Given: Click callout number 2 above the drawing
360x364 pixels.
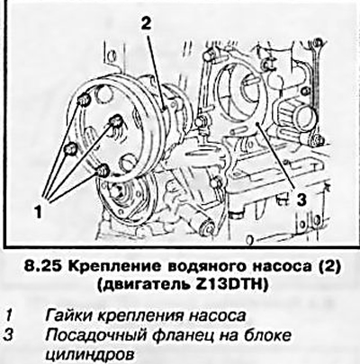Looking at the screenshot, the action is pyautogui.click(x=146, y=23).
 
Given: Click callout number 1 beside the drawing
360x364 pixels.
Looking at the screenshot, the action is pyautogui.click(x=37, y=212).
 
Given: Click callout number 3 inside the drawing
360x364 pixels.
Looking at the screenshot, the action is pyautogui.click(x=301, y=200).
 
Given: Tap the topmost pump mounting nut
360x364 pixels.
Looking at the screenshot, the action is pyautogui.click(x=84, y=100).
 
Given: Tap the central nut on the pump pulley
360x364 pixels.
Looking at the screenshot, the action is pyautogui.click(x=115, y=121).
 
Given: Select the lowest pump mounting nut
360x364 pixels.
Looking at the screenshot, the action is pyautogui.click(x=102, y=171).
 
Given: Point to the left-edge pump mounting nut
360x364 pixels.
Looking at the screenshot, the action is pyautogui.click(x=71, y=148).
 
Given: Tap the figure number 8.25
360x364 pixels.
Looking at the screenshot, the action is pyautogui.click(x=43, y=267).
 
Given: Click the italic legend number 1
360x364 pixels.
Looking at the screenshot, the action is pyautogui.click(x=10, y=315).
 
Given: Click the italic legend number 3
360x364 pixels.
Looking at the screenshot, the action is pyautogui.click(x=11, y=335).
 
